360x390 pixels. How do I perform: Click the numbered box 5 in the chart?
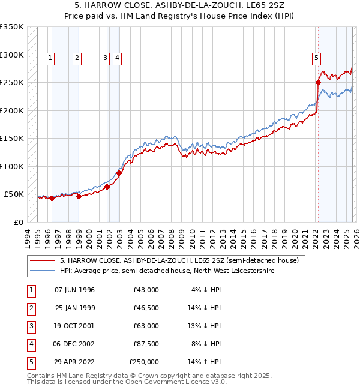point(316,58)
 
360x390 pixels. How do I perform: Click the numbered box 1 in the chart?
point(49,58)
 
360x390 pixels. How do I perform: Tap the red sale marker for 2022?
point(318,82)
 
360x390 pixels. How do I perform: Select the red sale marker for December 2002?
point(119,173)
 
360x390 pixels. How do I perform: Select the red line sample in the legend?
point(41,260)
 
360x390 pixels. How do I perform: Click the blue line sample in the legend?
point(41,271)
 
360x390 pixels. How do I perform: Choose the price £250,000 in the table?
point(144,362)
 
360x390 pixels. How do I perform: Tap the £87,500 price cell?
point(146,344)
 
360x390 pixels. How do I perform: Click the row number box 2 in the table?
point(31,308)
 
